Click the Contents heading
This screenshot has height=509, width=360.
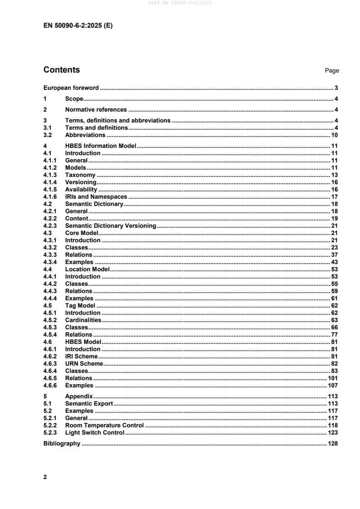(x=62, y=70)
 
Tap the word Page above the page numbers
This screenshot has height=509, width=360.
(x=332, y=71)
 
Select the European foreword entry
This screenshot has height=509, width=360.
(x=71, y=88)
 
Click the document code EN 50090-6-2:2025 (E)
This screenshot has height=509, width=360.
(x=78, y=26)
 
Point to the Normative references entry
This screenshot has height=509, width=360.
(x=96, y=110)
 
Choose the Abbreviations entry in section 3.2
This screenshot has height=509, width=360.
(x=85, y=135)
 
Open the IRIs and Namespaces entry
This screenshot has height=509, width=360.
(x=96, y=197)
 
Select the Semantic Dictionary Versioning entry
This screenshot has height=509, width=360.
(x=111, y=226)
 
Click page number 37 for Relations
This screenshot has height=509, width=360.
(x=335, y=255)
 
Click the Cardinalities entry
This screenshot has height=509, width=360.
(x=83, y=320)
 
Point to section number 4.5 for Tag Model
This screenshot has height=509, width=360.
(x=47, y=306)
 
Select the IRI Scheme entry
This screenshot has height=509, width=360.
(x=82, y=357)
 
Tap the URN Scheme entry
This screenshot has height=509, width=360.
(x=84, y=364)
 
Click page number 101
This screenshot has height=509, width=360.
(x=334, y=378)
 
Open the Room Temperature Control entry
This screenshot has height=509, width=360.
(x=104, y=426)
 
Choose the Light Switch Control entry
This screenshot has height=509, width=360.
(x=95, y=433)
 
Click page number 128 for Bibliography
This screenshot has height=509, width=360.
(x=334, y=444)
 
